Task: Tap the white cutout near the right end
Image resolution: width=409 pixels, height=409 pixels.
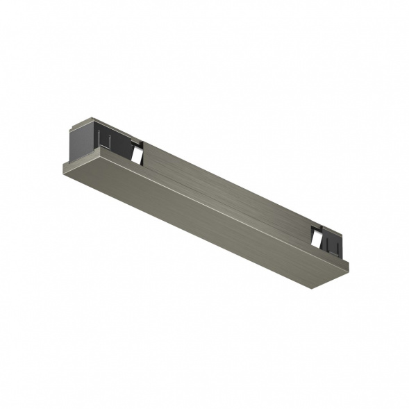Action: click(x=317, y=238)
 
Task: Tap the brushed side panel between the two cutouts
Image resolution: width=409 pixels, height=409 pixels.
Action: click(x=222, y=185)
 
